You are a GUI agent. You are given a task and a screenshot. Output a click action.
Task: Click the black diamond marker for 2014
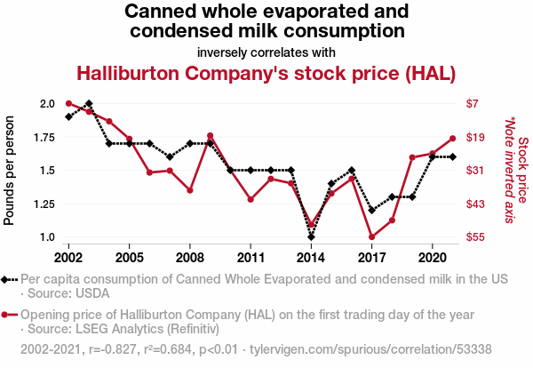311,237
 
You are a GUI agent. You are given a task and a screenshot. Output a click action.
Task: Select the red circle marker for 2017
372,237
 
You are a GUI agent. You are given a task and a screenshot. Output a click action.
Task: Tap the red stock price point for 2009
210,136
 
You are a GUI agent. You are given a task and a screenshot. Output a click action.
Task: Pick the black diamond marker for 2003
89,103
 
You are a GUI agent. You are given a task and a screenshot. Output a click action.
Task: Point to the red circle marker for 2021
452,139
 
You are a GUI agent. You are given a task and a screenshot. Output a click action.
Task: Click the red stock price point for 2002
68,103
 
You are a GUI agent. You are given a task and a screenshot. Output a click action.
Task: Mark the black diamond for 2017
372,210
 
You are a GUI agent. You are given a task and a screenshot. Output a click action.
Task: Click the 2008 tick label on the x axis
190,258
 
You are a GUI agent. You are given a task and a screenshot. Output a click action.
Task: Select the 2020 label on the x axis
432,258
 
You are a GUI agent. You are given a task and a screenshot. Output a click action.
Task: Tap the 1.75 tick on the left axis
44,138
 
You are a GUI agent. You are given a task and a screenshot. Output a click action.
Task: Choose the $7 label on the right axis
473,103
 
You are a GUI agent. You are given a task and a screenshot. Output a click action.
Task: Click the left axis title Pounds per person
9,171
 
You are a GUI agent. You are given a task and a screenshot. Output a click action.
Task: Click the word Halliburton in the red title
128,74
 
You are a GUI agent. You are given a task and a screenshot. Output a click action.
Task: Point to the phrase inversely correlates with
266,52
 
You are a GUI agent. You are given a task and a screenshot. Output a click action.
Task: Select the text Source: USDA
68,293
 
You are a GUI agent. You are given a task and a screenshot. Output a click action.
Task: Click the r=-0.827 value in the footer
112,349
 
